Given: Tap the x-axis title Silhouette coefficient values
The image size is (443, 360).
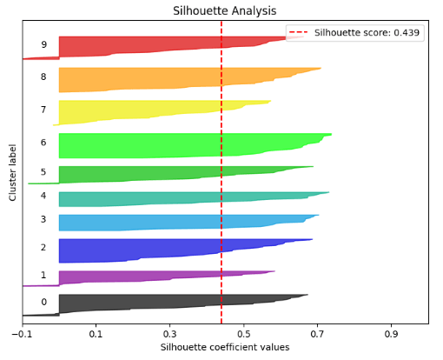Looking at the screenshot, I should pos(225,347).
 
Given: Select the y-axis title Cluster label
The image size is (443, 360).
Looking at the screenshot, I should pos(13,172).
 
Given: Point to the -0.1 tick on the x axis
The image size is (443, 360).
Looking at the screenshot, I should pos(22,332).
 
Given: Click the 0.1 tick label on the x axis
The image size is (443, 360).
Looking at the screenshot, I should pos(96,332).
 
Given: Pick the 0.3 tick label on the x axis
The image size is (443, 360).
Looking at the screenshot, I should pos(169,332).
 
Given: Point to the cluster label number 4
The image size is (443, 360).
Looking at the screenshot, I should pos(43,196).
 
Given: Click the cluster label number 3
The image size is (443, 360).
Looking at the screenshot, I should pos(43,220).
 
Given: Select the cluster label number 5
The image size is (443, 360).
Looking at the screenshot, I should pos(43,171).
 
